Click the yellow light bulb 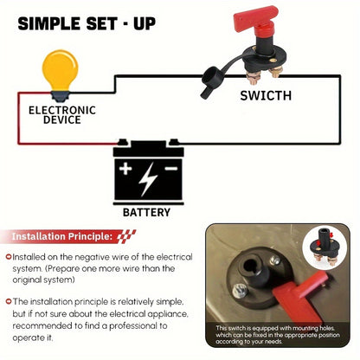pyautogui.click(x=61, y=74)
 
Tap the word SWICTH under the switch pyautogui.click(x=266, y=96)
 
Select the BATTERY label pyautogui.click(x=146, y=212)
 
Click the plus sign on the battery pyautogui.click(x=125, y=169)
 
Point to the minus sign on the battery pyautogui.click(x=170, y=168)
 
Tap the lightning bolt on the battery pyautogui.click(x=148, y=179)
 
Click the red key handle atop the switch pyautogui.click(x=255, y=17)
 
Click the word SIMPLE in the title pyautogui.click(x=49, y=23)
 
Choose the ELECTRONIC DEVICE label pyautogui.click(x=62, y=115)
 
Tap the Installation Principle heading pyautogui.click(x=62, y=236)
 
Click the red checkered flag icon pyautogui.click(x=126, y=236)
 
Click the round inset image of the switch pyautogui.click(x=325, y=247)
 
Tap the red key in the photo pyautogui.click(x=300, y=296)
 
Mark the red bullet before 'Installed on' pyautogui.click(x=9, y=256)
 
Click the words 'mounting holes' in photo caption pyautogui.click(x=312, y=328)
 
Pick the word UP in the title pyautogui.click(x=145, y=23)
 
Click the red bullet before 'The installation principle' pyautogui.click(x=9, y=301)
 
